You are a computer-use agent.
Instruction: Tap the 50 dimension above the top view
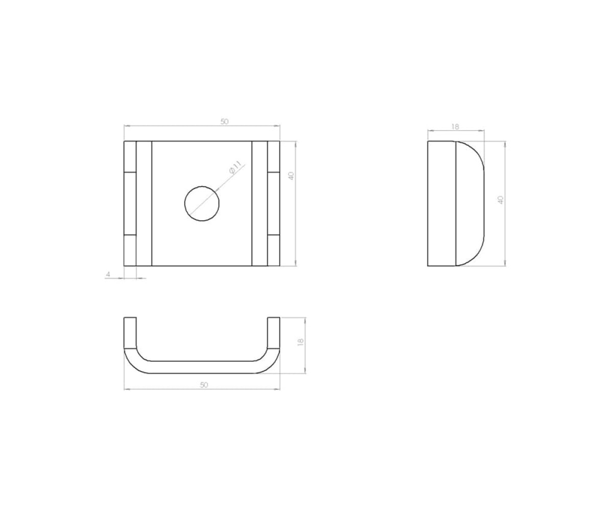[x=224, y=121]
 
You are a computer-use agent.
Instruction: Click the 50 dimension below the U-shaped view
[x=204, y=385]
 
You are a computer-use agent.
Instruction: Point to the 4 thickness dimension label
[x=108, y=274]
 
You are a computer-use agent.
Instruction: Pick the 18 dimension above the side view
[x=455, y=127]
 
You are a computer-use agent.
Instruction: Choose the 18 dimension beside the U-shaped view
[x=300, y=342]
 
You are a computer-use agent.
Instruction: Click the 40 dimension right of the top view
[x=291, y=176]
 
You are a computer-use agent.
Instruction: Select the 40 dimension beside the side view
[x=501, y=200]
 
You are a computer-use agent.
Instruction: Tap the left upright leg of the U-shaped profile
[x=130, y=333]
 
